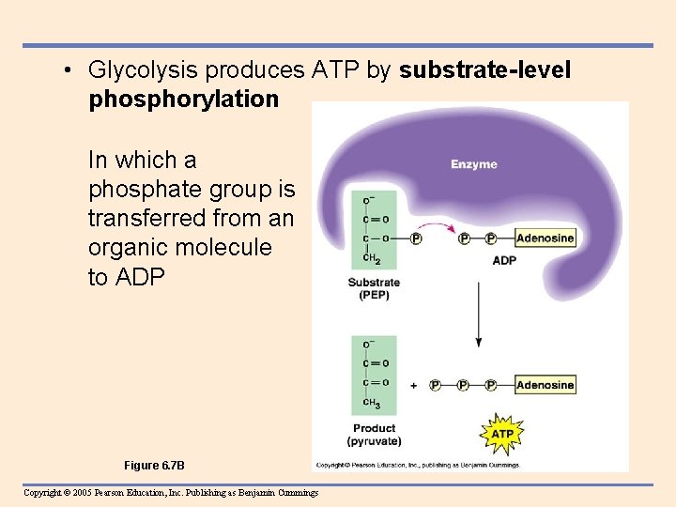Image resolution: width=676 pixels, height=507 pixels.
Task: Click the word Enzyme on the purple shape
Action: pyautogui.click(x=474, y=164)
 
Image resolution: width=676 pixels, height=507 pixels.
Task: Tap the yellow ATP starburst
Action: pyautogui.click(x=502, y=434)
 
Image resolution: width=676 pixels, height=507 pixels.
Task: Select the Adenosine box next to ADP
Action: pyautogui.click(x=545, y=238)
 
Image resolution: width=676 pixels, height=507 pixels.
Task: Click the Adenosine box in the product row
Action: pyautogui.click(x=545, y=384)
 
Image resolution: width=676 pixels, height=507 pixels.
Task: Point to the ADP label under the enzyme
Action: pyautogui.click(x=504, y=260)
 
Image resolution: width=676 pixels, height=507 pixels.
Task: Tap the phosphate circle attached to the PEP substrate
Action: pyautogui.click(x=416, y=238)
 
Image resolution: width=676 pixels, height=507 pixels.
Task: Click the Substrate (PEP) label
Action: pyautogui.click(x=374, y=288)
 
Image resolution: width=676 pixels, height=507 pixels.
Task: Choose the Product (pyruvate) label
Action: pyautogui.click(x=374, y=434)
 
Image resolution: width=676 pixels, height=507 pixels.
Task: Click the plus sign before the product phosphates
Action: pyautogui.click(x=414, y=385)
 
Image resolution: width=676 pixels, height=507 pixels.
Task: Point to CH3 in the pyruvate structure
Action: pyautogui.click(x=372, y=404)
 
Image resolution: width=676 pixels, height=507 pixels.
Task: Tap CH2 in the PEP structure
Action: pyautogui.click(x=372, y=258)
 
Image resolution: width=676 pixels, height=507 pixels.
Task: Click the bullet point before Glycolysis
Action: pyautogui.click(x=69, y=70)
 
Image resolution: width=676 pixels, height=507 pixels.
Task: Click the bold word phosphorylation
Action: pyautogui.click(x=184, y=99)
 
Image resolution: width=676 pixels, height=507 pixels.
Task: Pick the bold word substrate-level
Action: pyautogui.click(x=484, y=70)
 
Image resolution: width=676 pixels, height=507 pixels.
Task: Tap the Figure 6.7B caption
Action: pyautogui.click(x=154, y=466)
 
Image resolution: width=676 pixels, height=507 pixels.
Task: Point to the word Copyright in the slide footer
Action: pyautogui.click(x=43, y=493)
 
